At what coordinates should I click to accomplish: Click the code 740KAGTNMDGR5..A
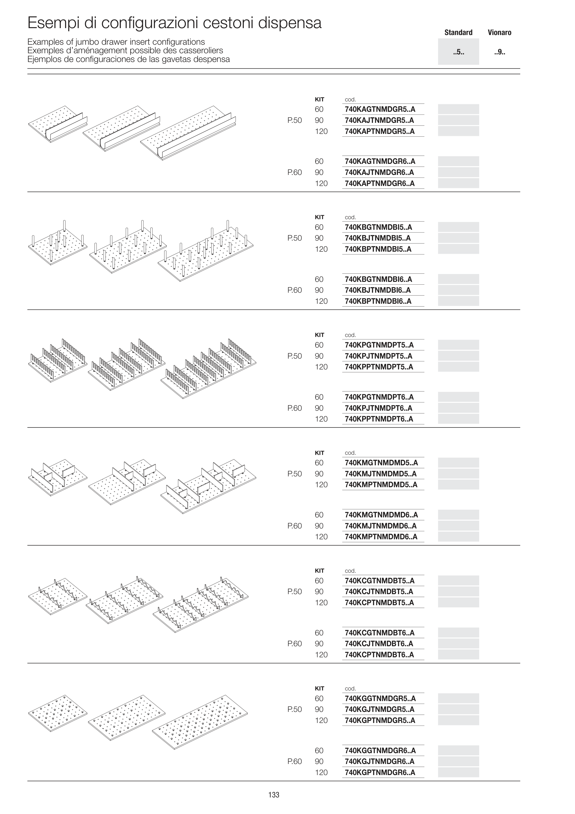pos(380,109)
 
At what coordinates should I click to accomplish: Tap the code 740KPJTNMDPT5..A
pos(379,356)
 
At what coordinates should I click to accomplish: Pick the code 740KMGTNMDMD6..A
pos(381,515)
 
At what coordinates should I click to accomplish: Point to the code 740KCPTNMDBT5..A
pos(379,602)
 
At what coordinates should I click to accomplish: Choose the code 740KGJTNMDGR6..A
pos(379,761)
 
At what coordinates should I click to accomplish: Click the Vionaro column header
pos(499,33)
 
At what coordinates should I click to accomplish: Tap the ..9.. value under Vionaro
pos(499,52)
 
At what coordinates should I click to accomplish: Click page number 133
pos(274,795)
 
